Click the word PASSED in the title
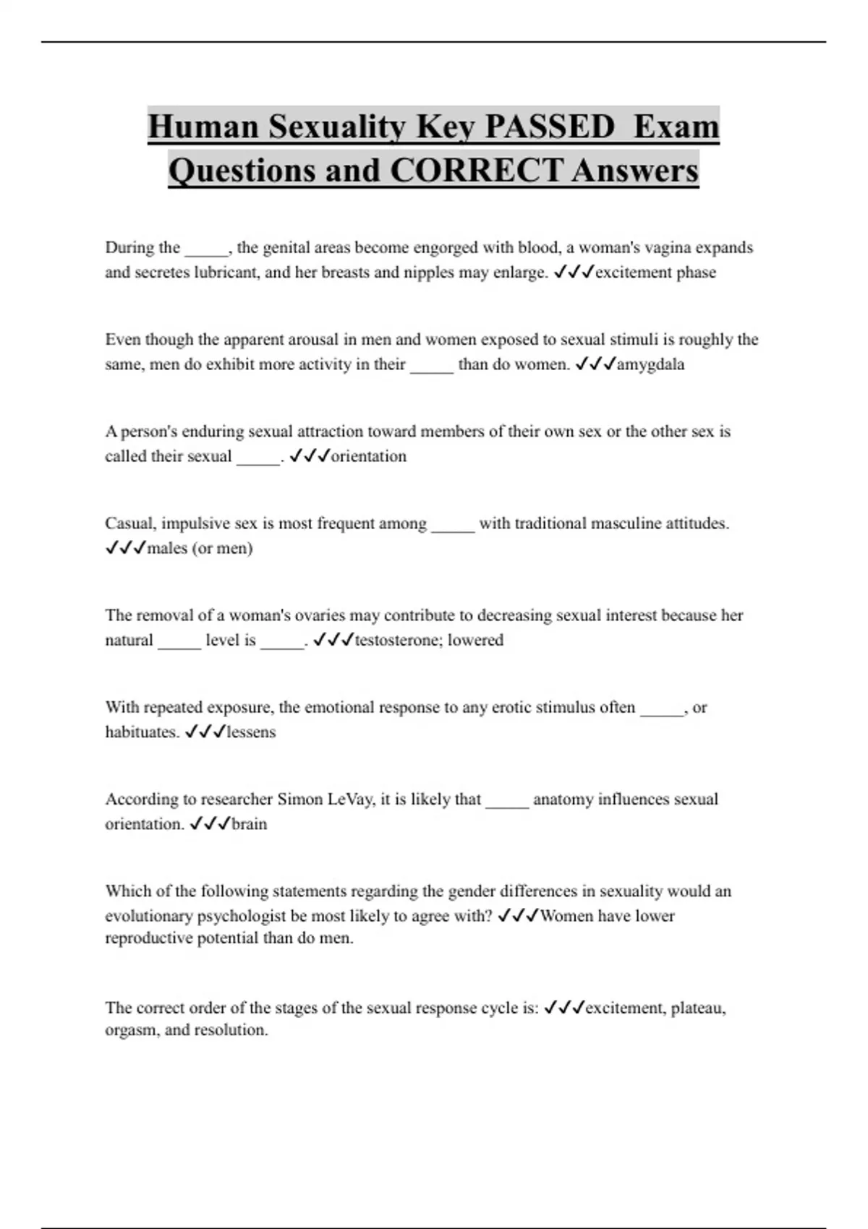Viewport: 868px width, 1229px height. [x=550, y=127]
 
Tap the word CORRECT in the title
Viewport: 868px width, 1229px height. [x=476, y=171]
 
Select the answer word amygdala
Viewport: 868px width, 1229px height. [x=650, y=364]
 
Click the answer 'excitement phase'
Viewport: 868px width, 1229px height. [x=655, y=273]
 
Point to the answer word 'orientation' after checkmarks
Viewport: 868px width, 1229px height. [x=368, y=456]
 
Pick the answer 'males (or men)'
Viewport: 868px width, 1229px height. [x=200, y=548]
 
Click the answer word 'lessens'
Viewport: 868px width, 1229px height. [x=251, y=732]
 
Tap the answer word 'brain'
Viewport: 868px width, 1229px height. [x=249, y=823]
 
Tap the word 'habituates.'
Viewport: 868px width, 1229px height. [x=142, y=732]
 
